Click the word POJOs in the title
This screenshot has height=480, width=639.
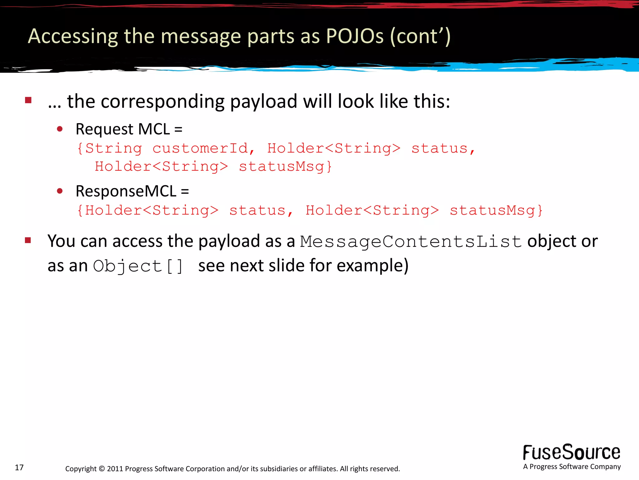tap(355, 36)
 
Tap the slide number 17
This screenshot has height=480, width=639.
tap(19, 467)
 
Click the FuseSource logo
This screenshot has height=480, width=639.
tap(572, 452)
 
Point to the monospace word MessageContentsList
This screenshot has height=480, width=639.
tap(411, 242)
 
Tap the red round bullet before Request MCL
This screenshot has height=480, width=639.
tap(60, 129)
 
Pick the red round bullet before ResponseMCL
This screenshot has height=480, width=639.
tap(60, 191)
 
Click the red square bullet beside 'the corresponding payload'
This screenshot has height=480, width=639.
tap(28, 100)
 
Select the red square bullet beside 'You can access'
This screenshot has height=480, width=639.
tap(28, 240)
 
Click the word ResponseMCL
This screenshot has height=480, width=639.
tap(126, 191)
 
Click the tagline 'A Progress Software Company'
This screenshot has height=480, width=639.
tap(572, 467)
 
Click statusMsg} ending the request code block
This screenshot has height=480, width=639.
tap(285, 167)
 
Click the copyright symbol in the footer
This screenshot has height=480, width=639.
tap(102, 469)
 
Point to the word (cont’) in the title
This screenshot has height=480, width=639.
tap(420, 36)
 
